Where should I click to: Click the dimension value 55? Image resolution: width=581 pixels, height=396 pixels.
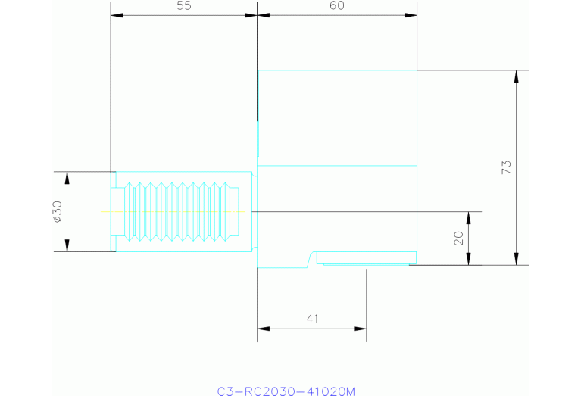coord(184,5)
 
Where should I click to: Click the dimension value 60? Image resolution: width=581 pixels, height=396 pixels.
coord(337,5)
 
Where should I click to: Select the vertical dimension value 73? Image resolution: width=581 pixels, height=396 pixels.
coord(506,167)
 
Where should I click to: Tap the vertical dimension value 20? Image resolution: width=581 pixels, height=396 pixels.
coord(459,239)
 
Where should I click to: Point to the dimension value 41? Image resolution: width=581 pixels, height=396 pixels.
coord(312,319)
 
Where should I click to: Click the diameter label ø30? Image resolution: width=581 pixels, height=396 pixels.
coord(58,211)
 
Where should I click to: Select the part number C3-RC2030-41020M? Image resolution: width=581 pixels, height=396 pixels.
coord(286,391)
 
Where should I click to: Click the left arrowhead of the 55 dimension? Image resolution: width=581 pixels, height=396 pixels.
coord(117,16)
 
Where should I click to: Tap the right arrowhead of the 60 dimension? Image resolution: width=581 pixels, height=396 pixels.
coord(411,16)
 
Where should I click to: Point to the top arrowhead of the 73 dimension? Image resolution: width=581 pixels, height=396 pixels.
coord(517,76)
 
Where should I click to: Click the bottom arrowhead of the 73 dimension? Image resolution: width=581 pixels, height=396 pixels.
coord(517,259)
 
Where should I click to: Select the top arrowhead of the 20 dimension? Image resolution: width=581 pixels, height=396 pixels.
coord(468,218)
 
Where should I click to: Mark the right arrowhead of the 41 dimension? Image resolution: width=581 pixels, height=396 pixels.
coord(360,329)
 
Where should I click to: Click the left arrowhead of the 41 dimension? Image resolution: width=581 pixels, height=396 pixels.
coord(264,329)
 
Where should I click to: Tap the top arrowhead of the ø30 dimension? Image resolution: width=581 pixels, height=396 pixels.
coord(67,178)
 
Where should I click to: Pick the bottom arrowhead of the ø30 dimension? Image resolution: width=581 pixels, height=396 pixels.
coord(67,245)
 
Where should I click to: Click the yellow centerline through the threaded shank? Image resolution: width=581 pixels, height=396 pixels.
coord(173,211)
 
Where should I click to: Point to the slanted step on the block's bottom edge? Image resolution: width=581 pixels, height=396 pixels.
coord(309,259)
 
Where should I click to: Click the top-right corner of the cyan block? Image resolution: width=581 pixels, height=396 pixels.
coord(417,70)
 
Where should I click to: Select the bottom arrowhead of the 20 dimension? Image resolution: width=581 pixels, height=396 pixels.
coord(468,259)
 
